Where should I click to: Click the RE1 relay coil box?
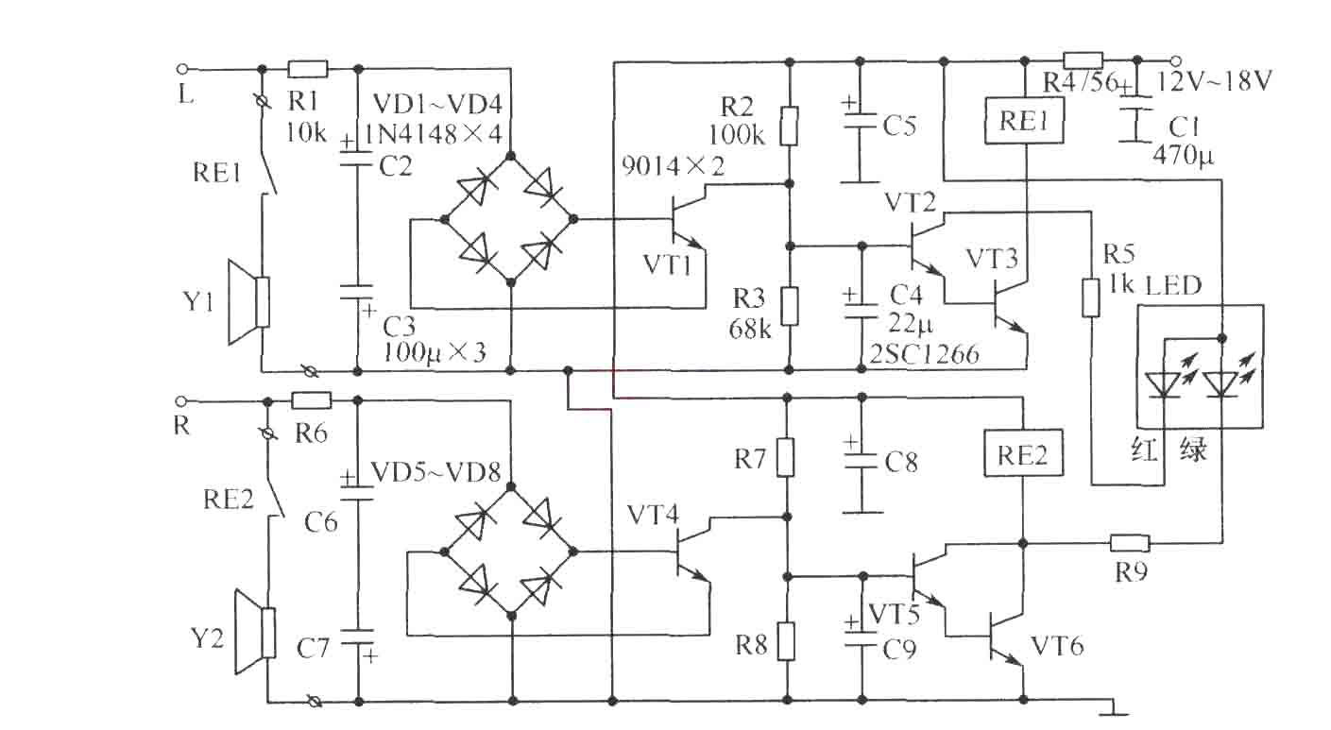point(1024,121)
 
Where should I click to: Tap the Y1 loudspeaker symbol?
point(249,302)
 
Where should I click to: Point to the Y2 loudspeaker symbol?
point(255,632)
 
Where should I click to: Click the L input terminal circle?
point(183,69)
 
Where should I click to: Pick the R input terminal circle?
point(182,401)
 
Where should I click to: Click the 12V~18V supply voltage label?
point(1213,81)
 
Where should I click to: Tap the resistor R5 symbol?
point(1090,297)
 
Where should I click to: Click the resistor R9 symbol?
point(1130,542)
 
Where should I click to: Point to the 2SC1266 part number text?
point(924,354)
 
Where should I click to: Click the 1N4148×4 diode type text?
point(433,134)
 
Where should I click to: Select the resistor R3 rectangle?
point(789,307)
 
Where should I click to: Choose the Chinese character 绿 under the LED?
point(1193,449)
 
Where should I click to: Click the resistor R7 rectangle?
point(786,457)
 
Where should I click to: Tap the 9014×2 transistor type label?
point(674,166)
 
